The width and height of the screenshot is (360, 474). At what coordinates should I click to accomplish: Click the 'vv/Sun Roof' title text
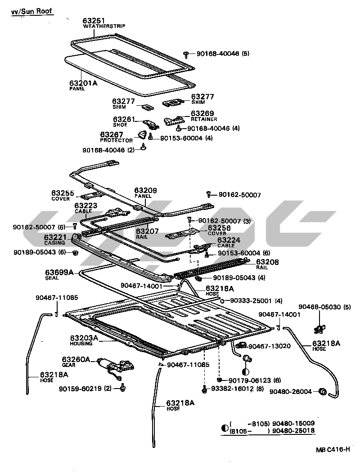[x=32, y=11]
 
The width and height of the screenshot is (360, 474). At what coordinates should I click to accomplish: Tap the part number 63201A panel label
[x=83, y=83]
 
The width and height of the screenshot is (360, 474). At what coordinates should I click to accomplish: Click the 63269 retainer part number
[x=202, y=113]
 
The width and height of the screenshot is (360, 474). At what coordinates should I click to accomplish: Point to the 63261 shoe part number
[x=124, y=119]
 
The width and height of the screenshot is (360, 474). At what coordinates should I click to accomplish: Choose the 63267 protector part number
[x=112, y=134]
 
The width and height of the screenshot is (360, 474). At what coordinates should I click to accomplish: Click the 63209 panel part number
[x=145, y=191]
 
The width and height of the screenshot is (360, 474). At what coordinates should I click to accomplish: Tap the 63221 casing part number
[x=55, y=237]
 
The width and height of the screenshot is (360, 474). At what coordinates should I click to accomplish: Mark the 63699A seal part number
[x=59, y=272]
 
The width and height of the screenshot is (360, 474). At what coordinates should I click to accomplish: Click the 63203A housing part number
[x=84, y=338]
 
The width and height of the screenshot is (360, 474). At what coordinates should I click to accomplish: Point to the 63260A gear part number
[x=76, y=359]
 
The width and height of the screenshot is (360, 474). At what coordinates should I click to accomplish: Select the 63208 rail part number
[x=267, y=261]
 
